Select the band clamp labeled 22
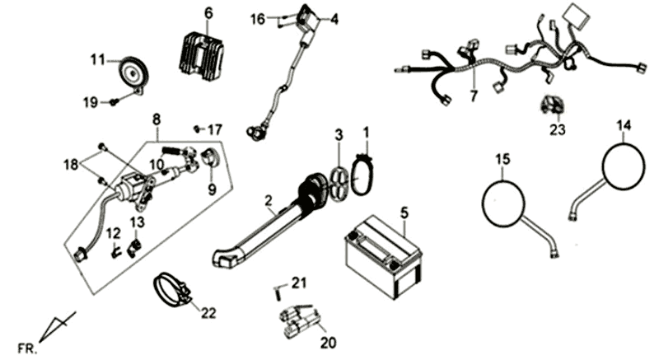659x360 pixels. coord(172,289)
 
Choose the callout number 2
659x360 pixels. coord(269,200)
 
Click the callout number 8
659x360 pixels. coord(156,119)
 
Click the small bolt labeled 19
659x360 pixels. coord(114,101)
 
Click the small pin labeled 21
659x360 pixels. coord(278,290)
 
